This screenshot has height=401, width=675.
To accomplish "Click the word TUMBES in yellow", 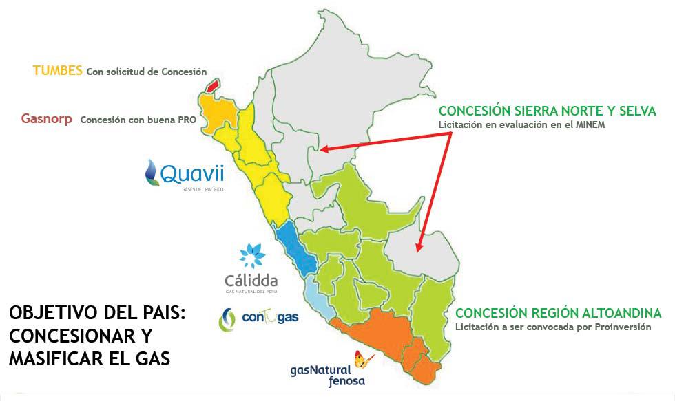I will (58, 71).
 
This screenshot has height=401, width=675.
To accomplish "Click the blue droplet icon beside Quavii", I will (152, 172).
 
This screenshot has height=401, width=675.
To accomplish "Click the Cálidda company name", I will (251, 281).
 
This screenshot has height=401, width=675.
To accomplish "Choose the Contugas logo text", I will (270, 317).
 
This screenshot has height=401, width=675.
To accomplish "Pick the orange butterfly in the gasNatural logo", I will (363, 360).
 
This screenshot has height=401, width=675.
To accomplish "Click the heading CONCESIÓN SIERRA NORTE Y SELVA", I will (547, 111).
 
